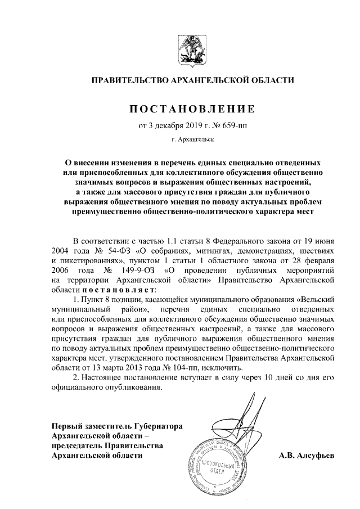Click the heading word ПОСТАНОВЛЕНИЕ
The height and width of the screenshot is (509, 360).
193,108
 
